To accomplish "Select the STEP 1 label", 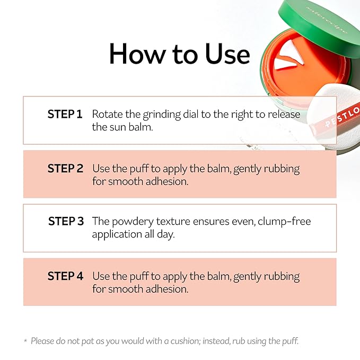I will click(65, 114).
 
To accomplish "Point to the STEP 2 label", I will click(65, 169).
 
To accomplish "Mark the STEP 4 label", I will click(65, 276).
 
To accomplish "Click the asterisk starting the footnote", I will click(25, 341).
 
